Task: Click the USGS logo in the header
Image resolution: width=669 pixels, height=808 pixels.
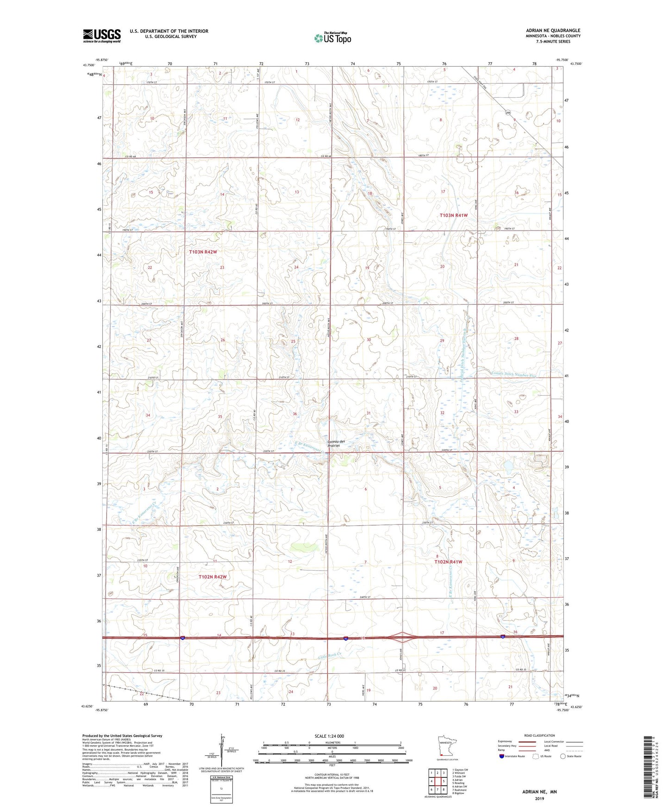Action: tap(102, 36)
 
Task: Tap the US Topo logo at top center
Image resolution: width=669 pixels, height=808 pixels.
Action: tap(332, 38)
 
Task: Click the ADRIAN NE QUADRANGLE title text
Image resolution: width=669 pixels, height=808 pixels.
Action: tap(553, 31)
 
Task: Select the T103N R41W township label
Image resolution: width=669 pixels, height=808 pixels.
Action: tap(453, 215)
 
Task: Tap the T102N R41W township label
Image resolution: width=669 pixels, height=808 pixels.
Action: tap(448, 562)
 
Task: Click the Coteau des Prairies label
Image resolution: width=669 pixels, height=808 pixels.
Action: tap(336, 443)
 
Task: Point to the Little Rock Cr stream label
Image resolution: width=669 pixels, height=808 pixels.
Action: tap(330, 656)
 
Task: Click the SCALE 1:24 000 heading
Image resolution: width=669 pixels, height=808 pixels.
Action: tap(332, 736)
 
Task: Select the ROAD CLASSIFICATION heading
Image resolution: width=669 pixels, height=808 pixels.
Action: tap(540, 735)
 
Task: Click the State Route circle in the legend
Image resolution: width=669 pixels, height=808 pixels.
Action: tap(563, 756)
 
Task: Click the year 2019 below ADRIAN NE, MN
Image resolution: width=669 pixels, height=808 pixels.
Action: tap(539, 798)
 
